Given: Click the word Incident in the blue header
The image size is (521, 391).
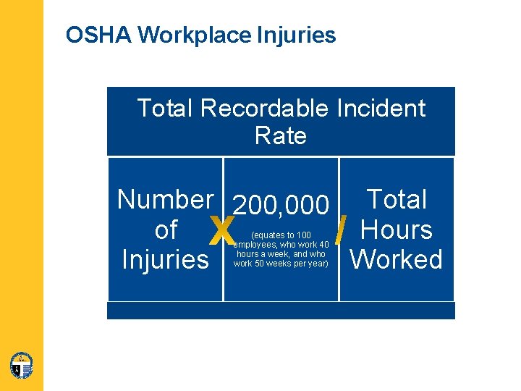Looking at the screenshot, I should point(381,109).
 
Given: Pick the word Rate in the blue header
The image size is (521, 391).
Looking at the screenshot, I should point(281,135).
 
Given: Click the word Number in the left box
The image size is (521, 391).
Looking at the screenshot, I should point(165,199).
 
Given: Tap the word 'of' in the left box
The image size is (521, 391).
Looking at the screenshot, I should point(166,230).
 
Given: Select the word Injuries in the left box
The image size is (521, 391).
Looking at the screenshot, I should point(166,260).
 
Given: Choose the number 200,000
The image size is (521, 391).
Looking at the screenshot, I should point(281,205).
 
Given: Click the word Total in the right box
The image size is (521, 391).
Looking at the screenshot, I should point(397,199).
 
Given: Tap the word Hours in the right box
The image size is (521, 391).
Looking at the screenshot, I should point(397,230).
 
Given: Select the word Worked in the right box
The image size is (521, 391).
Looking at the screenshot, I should point(397,260).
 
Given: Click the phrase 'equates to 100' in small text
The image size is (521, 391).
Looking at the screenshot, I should point(281,235).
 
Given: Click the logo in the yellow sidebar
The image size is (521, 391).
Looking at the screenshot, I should point(22,365).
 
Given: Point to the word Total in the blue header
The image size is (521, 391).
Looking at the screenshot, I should point(166,109).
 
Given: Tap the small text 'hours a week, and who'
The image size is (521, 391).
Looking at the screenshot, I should point(281,254).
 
